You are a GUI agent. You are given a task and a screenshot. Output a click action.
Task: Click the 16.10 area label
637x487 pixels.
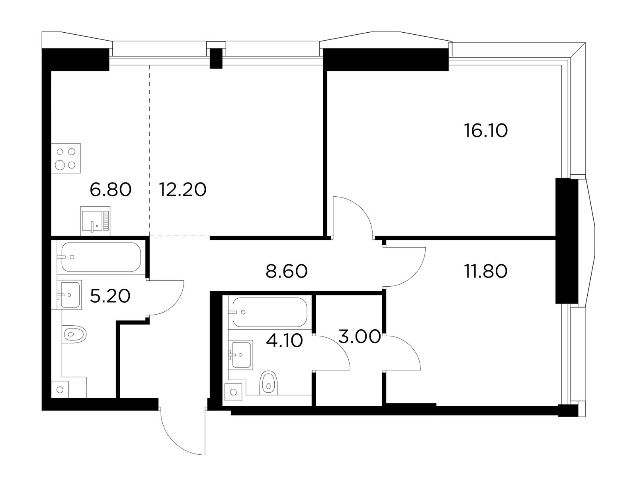click(x=485, y=131)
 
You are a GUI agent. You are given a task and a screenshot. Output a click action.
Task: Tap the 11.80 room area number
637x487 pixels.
click(x=485, y=271)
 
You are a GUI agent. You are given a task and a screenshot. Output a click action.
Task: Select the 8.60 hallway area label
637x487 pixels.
click(x=286, y=271)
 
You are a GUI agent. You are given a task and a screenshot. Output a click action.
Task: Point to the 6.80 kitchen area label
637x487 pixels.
click(x=111, y=190)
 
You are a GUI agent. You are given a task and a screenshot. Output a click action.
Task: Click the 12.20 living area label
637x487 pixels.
click(x=182, y=190)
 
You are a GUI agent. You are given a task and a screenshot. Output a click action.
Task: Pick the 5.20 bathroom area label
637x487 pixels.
click(x=110, y=296)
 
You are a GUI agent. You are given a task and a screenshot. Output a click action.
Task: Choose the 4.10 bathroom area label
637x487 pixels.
click(x=284, y=340)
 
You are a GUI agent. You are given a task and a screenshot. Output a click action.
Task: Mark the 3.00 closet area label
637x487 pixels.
click(x=359, y=336)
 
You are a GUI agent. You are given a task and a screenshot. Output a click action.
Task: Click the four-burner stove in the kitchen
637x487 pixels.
click(x=66, y=158)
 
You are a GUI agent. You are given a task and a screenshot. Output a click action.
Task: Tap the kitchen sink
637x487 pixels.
click(x=95, y=221)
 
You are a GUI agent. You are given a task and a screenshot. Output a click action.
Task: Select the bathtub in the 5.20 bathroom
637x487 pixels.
click(x=101, y=257)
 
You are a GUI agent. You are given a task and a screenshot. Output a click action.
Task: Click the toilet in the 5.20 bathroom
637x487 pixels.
click(x=74, y=334)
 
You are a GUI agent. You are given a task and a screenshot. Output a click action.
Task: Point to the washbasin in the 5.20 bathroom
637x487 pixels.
click(x=69, y=295)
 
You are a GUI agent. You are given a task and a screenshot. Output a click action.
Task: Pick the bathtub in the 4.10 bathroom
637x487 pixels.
click(x=270, y=312)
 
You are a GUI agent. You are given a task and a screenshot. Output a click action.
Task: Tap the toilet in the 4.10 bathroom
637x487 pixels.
click(x=268, y=383)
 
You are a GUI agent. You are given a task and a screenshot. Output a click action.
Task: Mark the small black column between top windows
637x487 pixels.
click(x=216, y=58)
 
